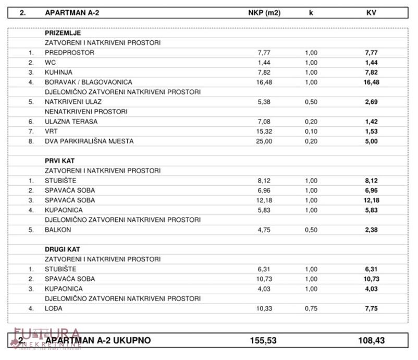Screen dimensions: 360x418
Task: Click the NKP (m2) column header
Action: coord(264,13)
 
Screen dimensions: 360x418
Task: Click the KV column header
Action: coord(371,13)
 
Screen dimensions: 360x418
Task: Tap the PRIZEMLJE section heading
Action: coord(63,33)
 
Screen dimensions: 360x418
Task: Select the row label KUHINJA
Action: coord(58,73)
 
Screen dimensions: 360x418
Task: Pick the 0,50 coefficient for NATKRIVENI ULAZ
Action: coord(311,102)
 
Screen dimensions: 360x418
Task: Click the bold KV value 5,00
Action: coord(371,141)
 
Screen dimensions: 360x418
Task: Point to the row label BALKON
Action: coord(57,230)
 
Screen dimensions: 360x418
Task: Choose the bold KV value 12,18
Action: coord(371,200)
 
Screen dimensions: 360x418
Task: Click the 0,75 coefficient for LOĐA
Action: coord(311,309)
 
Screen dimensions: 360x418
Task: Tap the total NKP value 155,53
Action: coord(263,341)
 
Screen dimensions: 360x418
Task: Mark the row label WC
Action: coord(50,63)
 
